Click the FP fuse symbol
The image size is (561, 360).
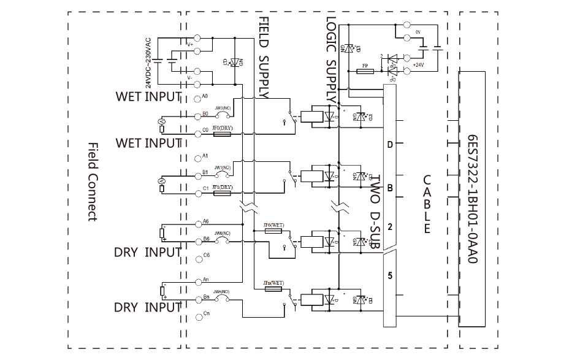365,72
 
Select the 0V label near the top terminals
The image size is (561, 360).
418,31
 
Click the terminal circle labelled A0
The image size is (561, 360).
196,98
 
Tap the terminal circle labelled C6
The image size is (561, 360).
196,255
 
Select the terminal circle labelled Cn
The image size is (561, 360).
196,315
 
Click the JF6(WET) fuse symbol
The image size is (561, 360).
272,231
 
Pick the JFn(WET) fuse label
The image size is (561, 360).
273,282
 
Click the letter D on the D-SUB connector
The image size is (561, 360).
389,145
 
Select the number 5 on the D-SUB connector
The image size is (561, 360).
389,275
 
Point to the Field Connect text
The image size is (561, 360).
93,182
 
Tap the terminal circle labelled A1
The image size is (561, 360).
196,156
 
